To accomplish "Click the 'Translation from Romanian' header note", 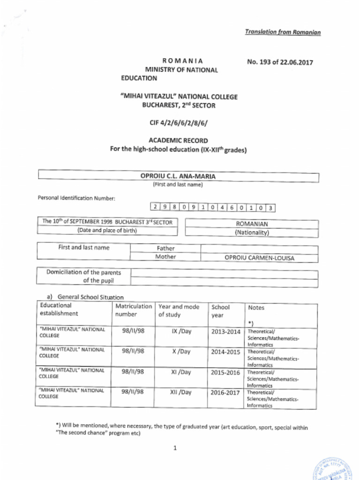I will click(x=283, y=32).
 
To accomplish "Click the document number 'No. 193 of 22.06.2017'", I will click(x=280, y=62).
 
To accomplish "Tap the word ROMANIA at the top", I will click(x=182, y=61).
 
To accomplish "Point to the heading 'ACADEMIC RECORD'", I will click(x=178, y=141).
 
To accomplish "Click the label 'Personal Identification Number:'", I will click(x=76, y=198).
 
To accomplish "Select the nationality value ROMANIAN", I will click(x=252, y=224).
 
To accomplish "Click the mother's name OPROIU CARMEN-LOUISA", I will click(x=259, y=258).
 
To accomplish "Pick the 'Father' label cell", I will click(x=165, y=248).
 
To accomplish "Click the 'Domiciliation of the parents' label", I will click(x=83, y=272).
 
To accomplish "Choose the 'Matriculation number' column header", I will click(x=134, y=310).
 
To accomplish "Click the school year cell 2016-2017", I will click(x=225, y=393).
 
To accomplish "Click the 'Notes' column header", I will click(x=256, y=308).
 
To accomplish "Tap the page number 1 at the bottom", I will click(x=175, y=448).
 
